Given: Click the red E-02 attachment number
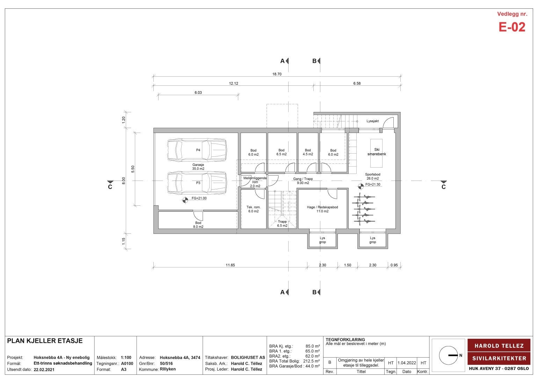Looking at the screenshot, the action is click(512, 27).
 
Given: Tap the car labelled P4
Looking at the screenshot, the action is click(197, 150).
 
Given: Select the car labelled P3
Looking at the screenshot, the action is click(197, 183).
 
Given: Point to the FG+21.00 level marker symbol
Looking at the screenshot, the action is click(185, 200).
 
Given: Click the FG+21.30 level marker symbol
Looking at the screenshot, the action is click(361, 186).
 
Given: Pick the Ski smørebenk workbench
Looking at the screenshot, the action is click(376, 153).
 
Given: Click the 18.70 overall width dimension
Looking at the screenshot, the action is click(277, 74).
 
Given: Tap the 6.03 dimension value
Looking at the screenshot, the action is click(198, 93).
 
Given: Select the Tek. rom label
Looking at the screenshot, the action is click(253, 207).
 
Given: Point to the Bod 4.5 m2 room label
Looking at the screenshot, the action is click(308, 152).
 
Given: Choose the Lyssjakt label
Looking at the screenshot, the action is click(372, 121).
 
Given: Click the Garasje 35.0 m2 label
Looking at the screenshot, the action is click(198, 167).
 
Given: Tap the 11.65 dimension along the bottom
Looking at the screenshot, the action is click(230, 265).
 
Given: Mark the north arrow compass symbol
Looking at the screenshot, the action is click(449, 355).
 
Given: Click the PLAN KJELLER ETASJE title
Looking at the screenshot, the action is click(45, 341).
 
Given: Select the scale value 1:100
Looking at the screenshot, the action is click(126, 358).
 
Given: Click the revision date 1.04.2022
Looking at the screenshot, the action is click(407, 363).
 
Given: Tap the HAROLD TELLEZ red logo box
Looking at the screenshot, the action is click(499, 345).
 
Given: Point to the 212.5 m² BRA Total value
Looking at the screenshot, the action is click(311, 361).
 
